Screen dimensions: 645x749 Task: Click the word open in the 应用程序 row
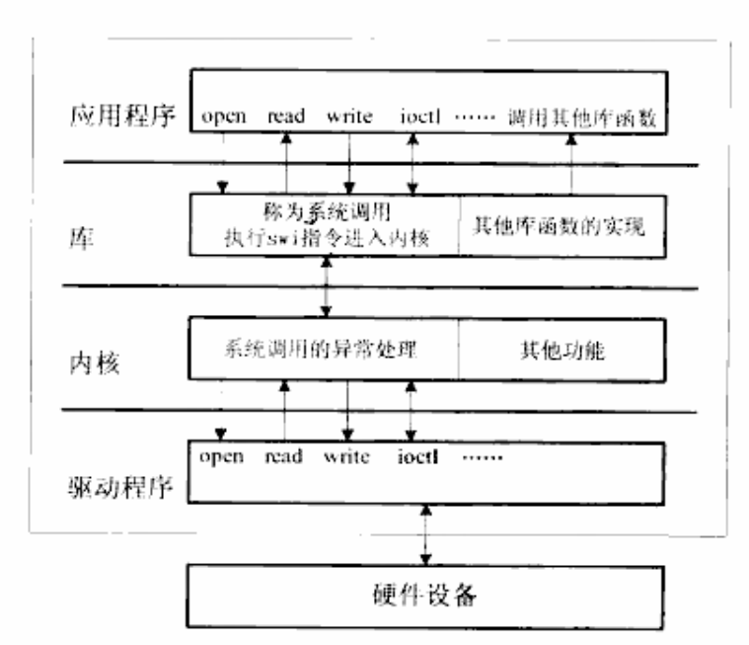(223, 117)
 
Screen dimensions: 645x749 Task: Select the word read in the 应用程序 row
(286, 117)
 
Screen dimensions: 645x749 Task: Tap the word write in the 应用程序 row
(349, 117)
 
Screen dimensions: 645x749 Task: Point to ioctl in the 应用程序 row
(415, 117)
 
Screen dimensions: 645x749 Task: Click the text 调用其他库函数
(581, 118)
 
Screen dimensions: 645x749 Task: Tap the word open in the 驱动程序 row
(223, 456)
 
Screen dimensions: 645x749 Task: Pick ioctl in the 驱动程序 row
(416, 456)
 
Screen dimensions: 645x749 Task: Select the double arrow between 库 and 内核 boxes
(325, 286)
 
